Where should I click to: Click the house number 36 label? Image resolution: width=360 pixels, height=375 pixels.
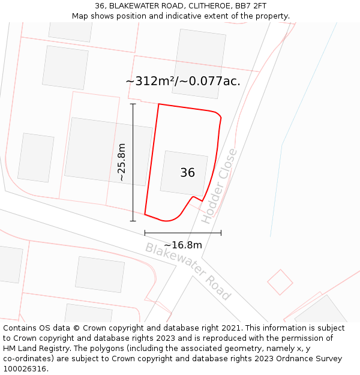coord(187,173)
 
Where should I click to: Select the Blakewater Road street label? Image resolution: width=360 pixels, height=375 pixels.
coord(188,271)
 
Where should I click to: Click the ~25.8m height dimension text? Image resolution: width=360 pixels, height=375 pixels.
coord(121,162)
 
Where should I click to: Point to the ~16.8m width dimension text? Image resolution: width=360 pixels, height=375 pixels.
coord(183,245)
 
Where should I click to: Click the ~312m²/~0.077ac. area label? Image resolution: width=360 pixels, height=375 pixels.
coord(183,81)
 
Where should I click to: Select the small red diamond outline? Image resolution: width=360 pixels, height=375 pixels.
coord(280,282)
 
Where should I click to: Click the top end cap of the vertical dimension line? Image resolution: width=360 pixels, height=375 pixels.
coord(133,104)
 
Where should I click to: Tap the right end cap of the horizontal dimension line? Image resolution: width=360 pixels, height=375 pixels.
coord(221,233)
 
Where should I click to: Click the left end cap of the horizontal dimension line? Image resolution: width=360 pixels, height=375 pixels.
coord(145,233)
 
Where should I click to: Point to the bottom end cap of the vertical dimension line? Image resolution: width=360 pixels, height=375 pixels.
coord(133,221)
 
